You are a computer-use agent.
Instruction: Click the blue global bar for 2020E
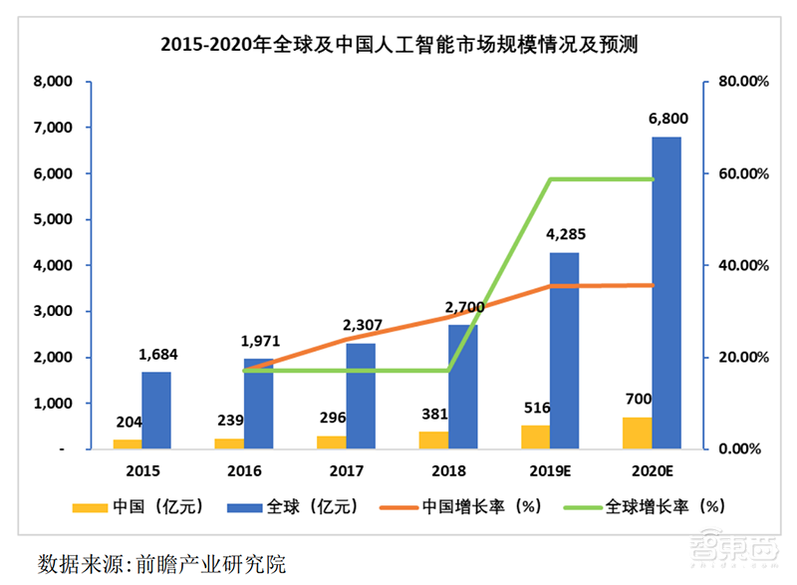pos(666,293)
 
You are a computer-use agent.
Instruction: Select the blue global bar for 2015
pos(156,411)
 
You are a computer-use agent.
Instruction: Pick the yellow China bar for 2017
pos(331,442)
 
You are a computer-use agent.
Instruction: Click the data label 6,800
pos(667,119)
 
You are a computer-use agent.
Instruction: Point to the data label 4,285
pos(565,236)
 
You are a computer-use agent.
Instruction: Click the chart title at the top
pos(398,45)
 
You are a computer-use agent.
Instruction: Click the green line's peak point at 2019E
pos(550,179)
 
